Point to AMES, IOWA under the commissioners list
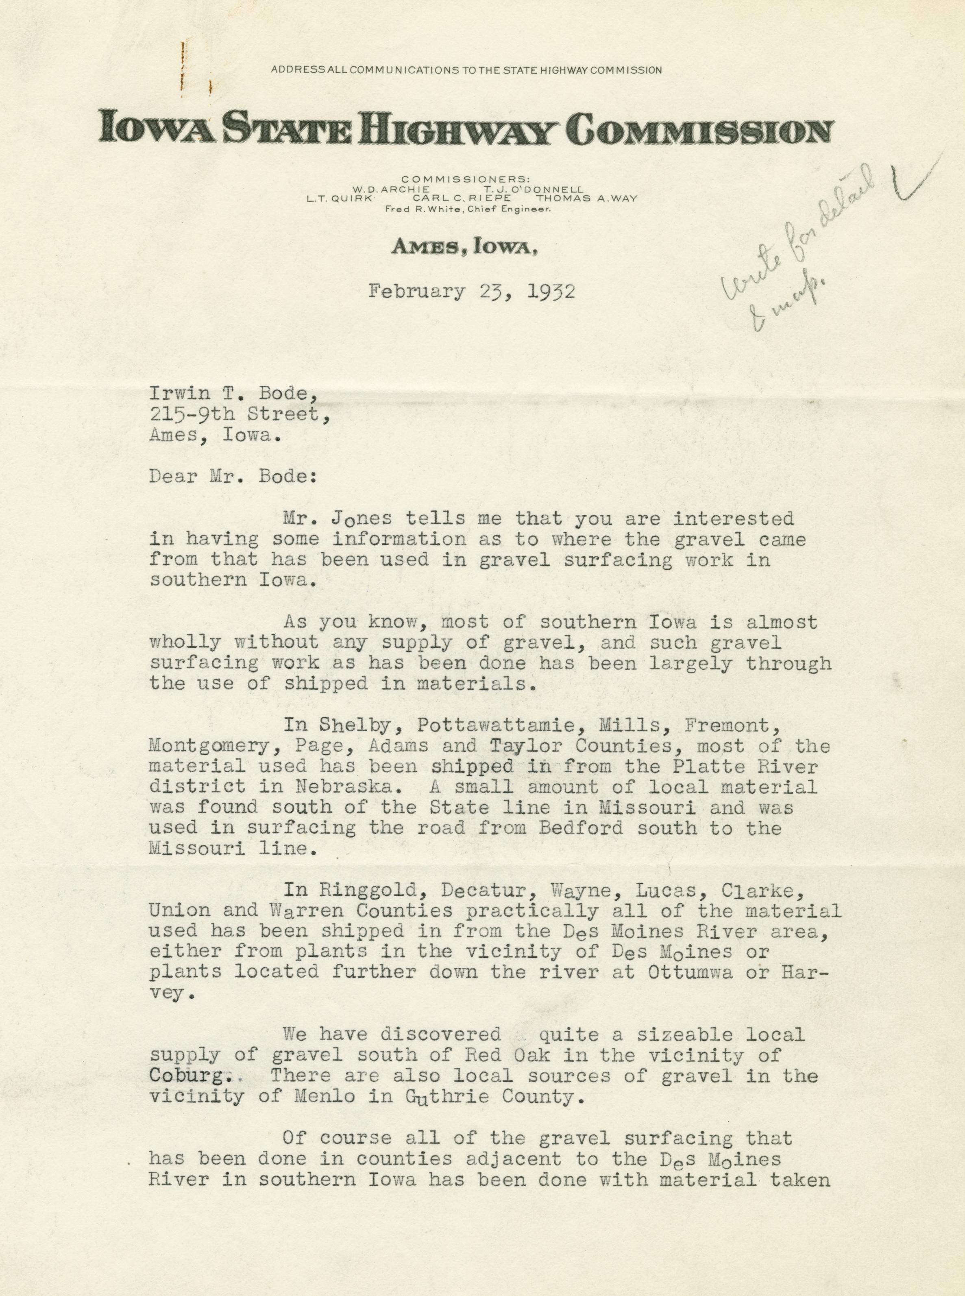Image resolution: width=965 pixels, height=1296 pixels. click(x=464, y=248)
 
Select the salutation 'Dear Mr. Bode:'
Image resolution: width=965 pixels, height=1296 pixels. click(x=233, y=476)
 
